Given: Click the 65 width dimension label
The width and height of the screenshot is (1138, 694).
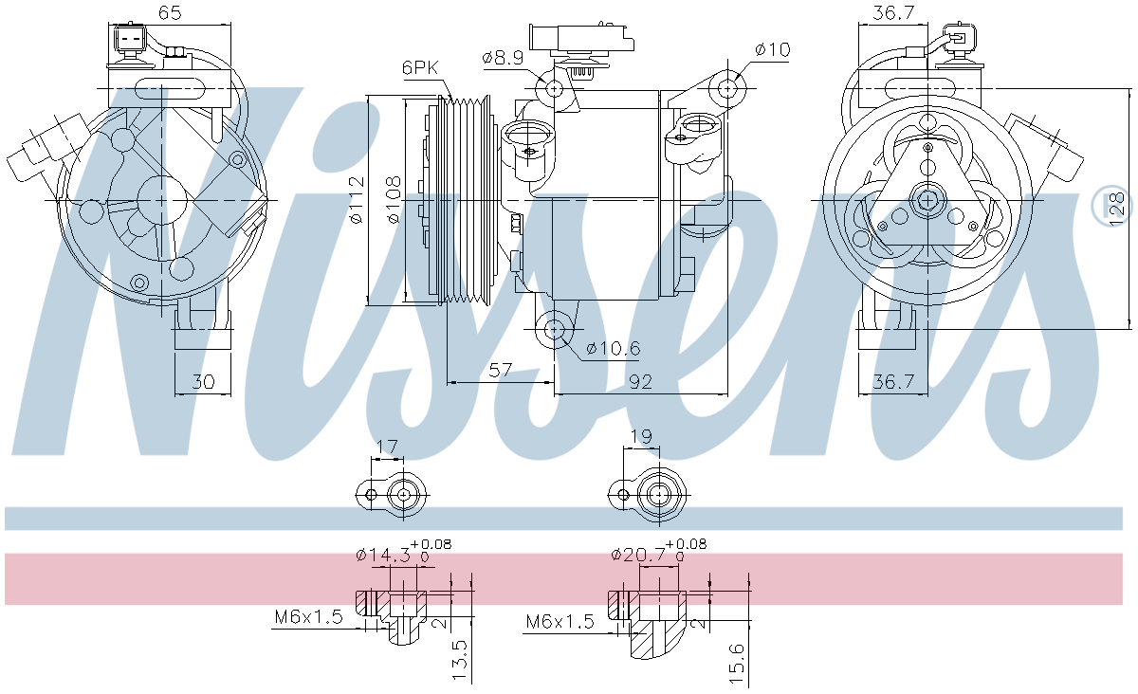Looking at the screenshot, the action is point(170,12).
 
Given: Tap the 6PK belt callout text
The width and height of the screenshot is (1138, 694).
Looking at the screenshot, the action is point(420,67).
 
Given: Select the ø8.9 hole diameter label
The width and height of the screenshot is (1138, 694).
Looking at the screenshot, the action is point(503,58).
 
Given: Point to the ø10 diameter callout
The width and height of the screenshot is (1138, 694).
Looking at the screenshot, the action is point(773,49).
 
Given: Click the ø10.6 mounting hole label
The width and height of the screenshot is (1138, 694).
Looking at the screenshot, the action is point(614,348).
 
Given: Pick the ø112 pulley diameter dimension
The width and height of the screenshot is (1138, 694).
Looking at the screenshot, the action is point(358,200).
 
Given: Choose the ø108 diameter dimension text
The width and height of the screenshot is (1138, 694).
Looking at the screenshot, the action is point(395,200).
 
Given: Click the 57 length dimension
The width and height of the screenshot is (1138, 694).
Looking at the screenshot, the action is point(500,370).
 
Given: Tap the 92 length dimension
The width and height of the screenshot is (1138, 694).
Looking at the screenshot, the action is point(640,381).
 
